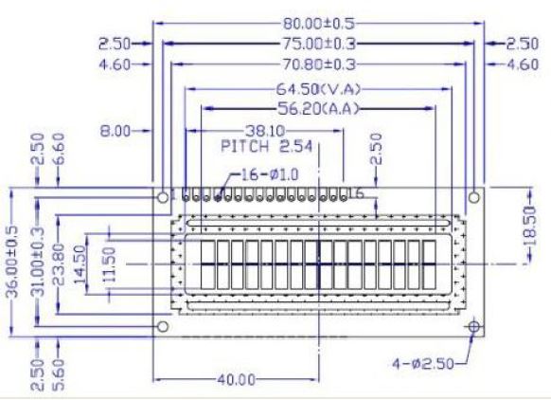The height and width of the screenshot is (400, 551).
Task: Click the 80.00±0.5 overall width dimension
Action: pyautogui.click(x=319, y=24)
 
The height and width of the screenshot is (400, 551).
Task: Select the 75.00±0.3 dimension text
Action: pyautogui.click(x=319, y=44)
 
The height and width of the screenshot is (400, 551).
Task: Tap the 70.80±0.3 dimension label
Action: pyautogui.click(x=319, y=64)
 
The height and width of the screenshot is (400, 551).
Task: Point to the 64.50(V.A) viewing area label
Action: pyautogui.click(x=318, y=89)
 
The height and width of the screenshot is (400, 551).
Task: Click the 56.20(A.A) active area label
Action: pyautogui.click(x=318, y=109)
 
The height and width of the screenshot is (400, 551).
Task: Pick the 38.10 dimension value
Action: pyautogui.click(x=265, y=131)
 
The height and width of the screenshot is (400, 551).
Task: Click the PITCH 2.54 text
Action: pyautogui.click(x=267, y=146)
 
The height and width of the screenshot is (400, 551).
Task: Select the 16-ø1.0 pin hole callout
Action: pyautogui.click(x=270, y=174)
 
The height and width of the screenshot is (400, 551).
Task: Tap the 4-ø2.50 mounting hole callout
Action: pyautogui.click(x=423, y=363)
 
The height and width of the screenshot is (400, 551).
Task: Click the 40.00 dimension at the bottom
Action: pyautogui.click(x=236, y=379)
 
